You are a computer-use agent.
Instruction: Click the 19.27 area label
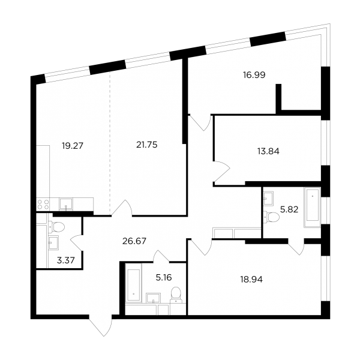(73, 146)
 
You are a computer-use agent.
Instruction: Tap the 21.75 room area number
(147, 145)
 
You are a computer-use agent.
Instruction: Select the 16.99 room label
(254, 75)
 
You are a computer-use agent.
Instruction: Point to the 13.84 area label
(268, 151)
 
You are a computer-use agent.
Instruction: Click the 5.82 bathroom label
(289, 209)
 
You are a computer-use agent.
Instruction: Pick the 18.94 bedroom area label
(251, 280)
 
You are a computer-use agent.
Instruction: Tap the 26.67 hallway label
(134, 241)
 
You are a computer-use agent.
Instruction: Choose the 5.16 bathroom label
(164, 278)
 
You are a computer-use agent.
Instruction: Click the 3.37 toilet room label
(66, 260)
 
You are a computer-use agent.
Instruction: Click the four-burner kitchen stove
(43, 205)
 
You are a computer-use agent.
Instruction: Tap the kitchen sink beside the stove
(66, 205)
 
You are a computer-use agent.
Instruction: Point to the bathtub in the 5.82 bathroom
(312, 208)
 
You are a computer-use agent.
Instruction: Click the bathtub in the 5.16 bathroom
(133, 285)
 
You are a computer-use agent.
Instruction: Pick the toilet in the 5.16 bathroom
(176, 295)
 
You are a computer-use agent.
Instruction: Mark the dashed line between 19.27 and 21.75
(110, 143)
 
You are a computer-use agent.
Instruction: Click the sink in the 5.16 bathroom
(154, 298)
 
